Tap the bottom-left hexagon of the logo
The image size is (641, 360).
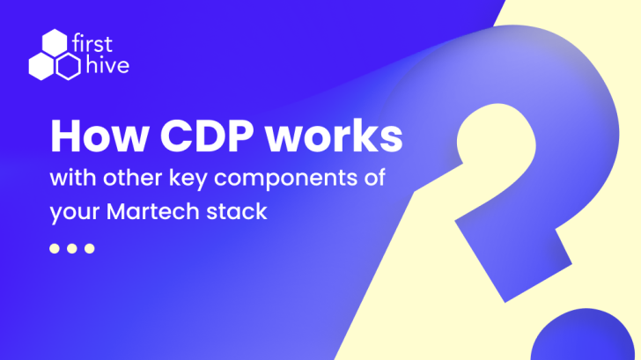tap(41, 66)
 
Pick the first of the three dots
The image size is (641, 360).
tap(55, 248)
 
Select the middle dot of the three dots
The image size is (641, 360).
tap(72, 248)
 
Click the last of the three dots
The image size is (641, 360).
tap(89, 248)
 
